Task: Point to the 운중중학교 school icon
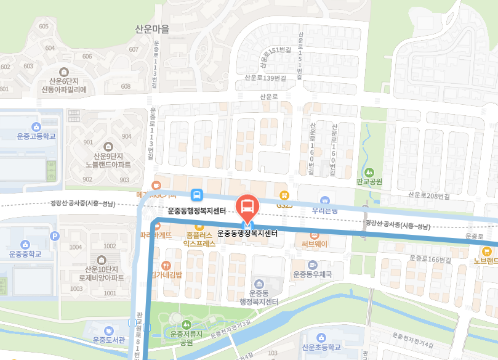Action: pos(26,245)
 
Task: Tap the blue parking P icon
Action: pos(54,235)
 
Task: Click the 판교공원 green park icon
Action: pos(369,172)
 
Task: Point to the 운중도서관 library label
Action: pos(109,340)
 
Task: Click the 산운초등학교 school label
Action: pos(321,347)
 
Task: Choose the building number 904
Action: pos(127,136)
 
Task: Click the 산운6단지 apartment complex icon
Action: pos(65,72)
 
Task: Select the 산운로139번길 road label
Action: pos(265,78)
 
